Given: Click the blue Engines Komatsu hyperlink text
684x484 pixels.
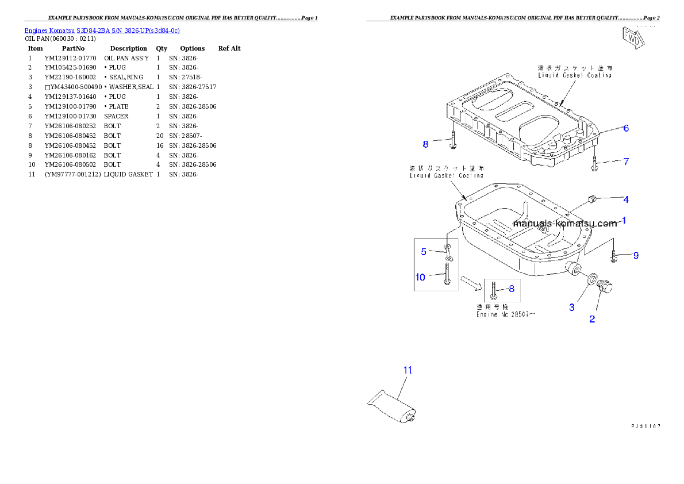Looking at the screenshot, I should click(102, 30).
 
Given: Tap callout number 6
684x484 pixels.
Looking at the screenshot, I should click(626, 128).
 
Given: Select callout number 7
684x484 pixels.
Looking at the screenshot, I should click(626, 162).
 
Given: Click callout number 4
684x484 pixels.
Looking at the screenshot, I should click(626, 199).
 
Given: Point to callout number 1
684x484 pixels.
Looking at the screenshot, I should click(624, 220).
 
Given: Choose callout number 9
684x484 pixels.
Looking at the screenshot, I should click(636, 255).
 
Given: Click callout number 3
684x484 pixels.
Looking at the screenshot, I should click(572, 308).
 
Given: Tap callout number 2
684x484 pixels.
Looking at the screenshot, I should click(592, 319).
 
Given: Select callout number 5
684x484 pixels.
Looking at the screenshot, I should click(424, 251).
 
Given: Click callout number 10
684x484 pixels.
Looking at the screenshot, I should click(421, 277).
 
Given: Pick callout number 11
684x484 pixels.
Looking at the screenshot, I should click(408, 370).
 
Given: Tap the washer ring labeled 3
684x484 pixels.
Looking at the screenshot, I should click(590, 279).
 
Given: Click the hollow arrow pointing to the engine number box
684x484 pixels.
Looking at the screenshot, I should click(473, 282).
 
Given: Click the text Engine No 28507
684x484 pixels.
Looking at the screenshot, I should click(506, 314).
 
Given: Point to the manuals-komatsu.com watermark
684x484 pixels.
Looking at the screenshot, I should click(564, 224).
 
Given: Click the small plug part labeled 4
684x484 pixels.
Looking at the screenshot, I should click(590, 200).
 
